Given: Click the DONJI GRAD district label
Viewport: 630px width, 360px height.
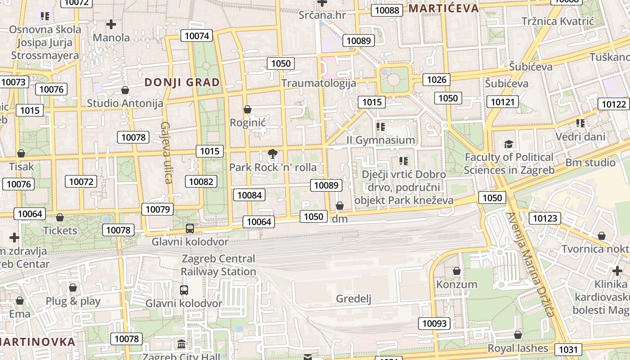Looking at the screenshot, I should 182,82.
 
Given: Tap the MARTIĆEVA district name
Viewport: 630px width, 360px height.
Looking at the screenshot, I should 444,8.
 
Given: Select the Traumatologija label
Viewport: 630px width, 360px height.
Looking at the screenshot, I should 319,83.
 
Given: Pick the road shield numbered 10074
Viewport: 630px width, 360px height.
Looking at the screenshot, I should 197,36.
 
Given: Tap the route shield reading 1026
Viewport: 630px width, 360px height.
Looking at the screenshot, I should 436,80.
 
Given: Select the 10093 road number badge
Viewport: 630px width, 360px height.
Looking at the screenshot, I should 435,323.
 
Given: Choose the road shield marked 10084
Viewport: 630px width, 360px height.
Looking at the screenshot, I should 249,195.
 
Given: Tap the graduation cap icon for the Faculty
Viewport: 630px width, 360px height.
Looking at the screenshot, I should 508,144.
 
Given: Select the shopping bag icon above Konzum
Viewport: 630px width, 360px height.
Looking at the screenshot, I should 457,271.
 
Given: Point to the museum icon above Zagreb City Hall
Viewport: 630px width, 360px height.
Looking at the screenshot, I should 181,344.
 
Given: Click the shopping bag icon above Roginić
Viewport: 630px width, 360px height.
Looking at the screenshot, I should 247,109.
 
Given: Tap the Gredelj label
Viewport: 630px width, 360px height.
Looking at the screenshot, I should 354,299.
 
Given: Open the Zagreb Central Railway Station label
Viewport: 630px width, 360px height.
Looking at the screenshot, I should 218,265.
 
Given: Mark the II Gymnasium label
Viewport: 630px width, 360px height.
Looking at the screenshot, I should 381,140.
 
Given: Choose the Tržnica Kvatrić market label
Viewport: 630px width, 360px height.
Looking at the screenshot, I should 558,21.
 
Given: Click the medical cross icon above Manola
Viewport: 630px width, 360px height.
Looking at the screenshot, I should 111,24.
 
